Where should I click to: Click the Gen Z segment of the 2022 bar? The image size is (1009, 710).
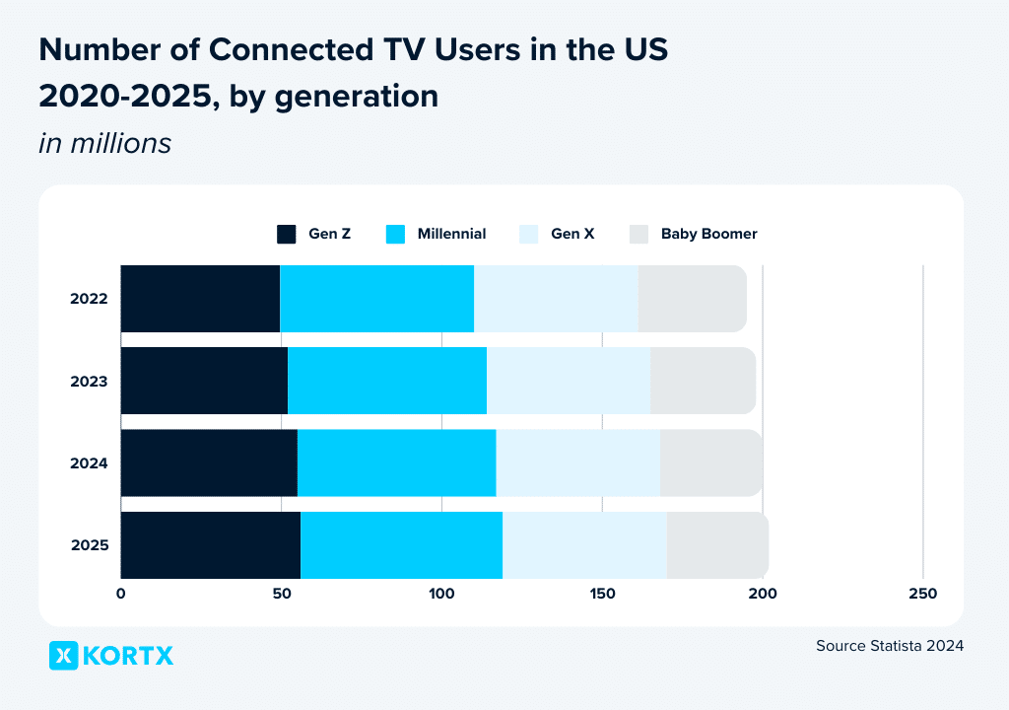click(x=200, y=299)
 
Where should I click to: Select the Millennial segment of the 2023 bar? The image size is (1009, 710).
click(x=387, y=381)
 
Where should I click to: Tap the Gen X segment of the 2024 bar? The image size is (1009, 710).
click(x=577, y=462)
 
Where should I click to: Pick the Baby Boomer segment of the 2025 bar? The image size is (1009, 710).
click(x=717, y=544)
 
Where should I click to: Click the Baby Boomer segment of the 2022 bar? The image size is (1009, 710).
click(x=692, y=299)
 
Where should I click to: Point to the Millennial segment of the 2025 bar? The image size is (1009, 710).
click(x=401, y=544)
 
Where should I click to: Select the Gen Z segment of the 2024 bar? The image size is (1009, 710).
click(x=209, y=462)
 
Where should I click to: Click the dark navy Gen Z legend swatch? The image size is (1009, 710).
click(x=286, y=235)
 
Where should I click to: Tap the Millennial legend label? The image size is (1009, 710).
click(x=451, y=235)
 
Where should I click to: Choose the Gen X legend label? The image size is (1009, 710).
click(x=572, y=235)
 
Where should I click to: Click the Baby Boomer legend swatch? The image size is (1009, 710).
click(x=639, y=235)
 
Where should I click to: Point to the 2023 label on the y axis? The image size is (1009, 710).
click(x=89, y=381)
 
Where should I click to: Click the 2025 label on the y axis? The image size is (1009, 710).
click(x=89, y=544)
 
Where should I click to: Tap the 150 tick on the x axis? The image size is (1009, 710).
click(x=602, y=594)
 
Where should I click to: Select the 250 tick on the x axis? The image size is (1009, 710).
click(x=922, y=594)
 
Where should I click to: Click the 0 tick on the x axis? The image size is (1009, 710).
click(x=121, y=594)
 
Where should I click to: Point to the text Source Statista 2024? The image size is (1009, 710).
click(x=889, y=646)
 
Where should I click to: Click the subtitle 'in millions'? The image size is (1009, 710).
click(x=104, y=144)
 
